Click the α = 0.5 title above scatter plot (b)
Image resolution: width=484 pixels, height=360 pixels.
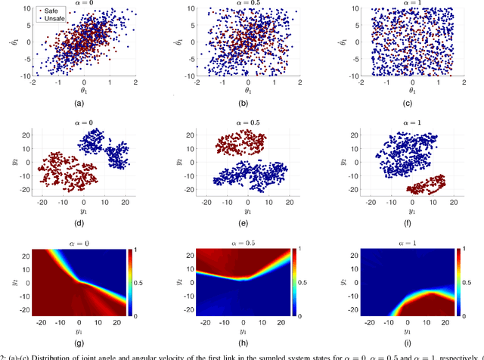[x=243, y=3]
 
